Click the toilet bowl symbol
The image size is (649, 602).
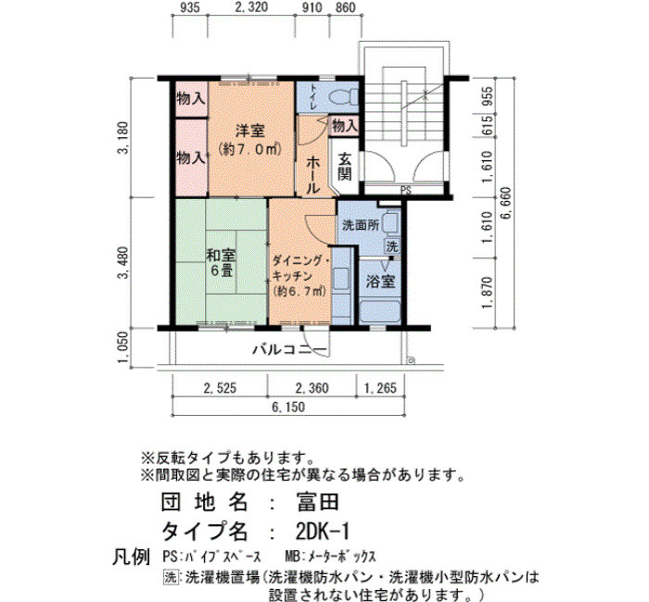tap(344, 97)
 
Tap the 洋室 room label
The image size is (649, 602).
tap(250, 132)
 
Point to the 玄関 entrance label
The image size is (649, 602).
tap(345, 167)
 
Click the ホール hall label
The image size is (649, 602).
tap(313, 176)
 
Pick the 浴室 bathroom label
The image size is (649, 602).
tap(380, 282)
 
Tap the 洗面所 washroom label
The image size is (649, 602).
tap(361, 225)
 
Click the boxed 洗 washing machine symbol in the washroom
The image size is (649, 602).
tap(391, 246)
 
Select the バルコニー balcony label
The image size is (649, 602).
tap(289, 350)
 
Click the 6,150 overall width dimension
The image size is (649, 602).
tap(288, 407)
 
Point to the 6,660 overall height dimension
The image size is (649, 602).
tap(506, 204)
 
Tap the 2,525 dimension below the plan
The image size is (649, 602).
tap(220, 388)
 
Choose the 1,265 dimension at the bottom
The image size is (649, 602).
tap(380, 388)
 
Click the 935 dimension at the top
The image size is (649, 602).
tap(190, 7)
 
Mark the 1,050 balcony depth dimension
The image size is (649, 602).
tap(123, 347)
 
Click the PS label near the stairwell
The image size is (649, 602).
tap(406, 191)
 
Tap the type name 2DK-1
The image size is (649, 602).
tap(323, 532)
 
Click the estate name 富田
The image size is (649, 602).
tap(317, 502)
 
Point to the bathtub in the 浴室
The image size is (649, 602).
tap(379, 312)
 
